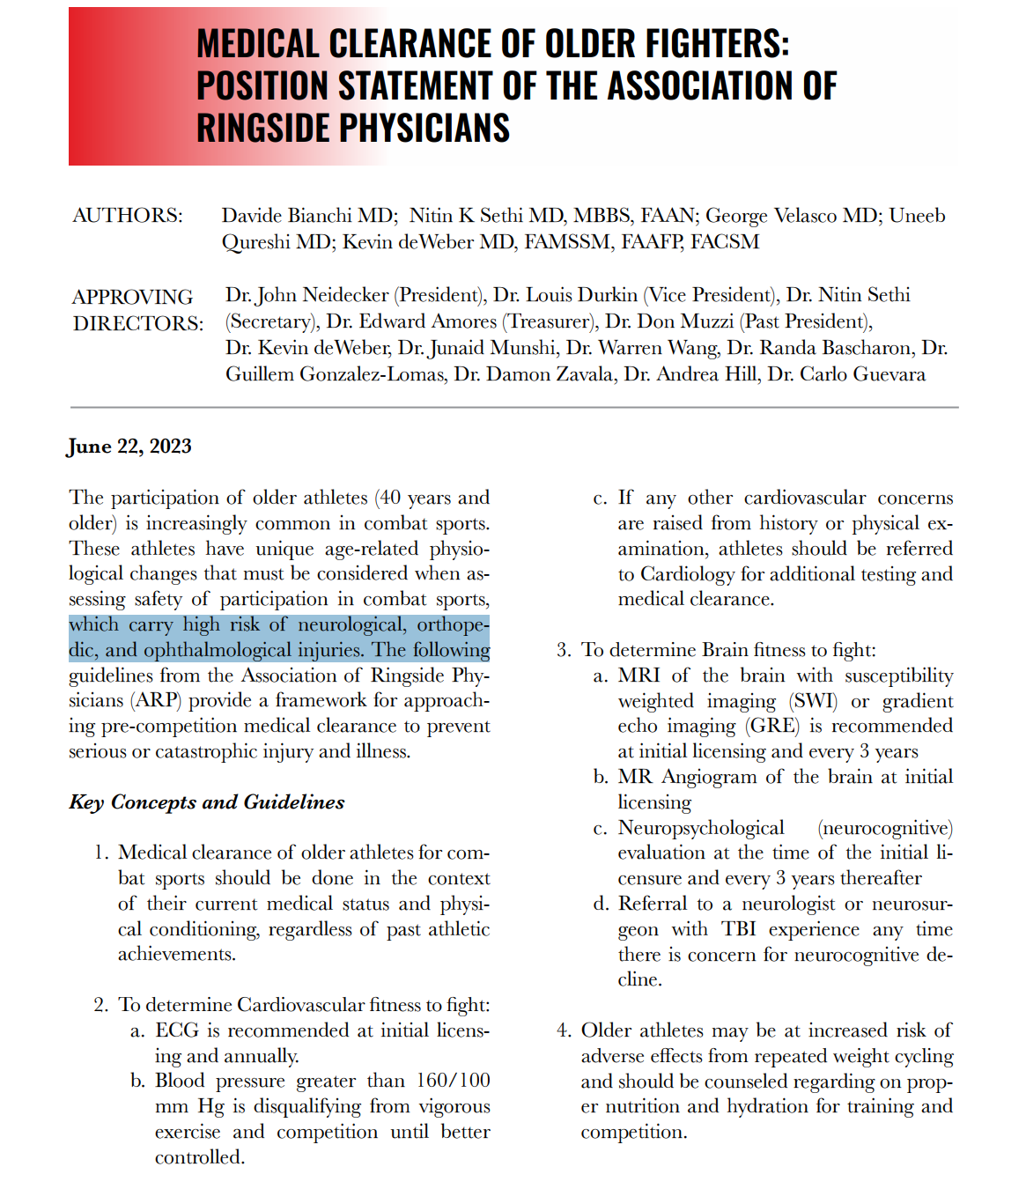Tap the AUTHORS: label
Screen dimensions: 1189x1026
128,216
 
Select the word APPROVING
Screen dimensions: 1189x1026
132,297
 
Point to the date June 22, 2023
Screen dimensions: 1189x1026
130,447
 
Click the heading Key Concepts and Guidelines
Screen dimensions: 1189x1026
207,802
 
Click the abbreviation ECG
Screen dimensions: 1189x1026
177,1030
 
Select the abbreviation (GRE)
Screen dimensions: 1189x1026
772,726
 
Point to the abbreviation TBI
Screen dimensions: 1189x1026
739,929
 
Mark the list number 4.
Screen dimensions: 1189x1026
563,1030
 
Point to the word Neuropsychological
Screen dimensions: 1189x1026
700,828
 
